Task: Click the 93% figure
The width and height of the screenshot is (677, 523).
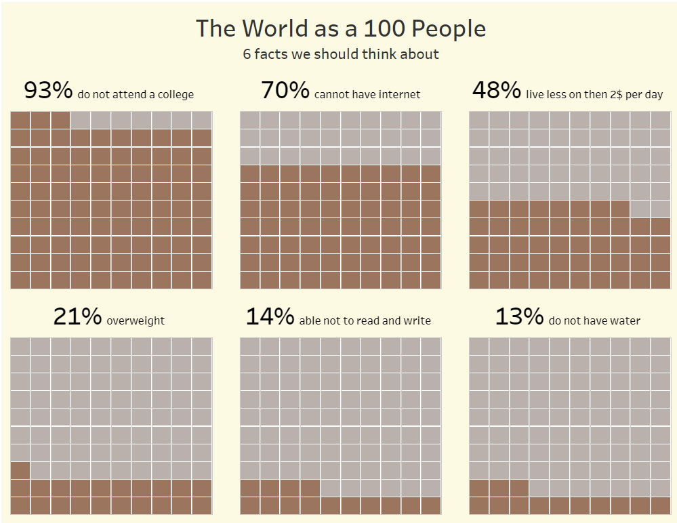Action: (47, 90)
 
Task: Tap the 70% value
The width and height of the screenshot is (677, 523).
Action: (285, 90)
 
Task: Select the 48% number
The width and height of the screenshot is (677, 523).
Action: (496, 90)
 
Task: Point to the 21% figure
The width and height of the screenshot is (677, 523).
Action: (77, 316)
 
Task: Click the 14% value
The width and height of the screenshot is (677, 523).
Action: (270, 316)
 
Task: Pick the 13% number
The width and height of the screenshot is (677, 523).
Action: (519, 316)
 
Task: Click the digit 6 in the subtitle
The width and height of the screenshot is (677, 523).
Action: (247, 54)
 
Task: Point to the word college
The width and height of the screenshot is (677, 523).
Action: (176, 95)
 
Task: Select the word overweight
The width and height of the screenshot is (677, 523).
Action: (136, 320)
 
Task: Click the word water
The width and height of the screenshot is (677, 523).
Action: (626, 320)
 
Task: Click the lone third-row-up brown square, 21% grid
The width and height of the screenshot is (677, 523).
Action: (20, 470)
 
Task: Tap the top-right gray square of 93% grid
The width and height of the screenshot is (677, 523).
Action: (202, 120)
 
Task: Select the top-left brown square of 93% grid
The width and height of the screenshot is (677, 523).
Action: (20, 120)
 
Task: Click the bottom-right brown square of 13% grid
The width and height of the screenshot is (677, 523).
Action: (660, 505)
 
